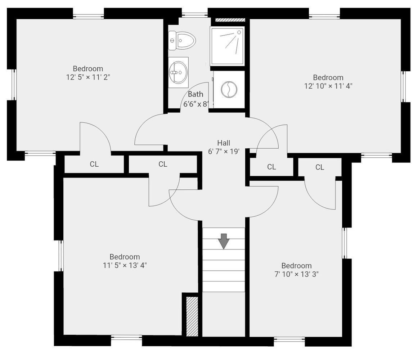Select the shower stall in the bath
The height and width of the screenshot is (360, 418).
tap(227, 46)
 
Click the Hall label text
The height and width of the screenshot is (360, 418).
tap(224, 143)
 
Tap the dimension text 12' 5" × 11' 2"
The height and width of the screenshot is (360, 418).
tap(88, 77)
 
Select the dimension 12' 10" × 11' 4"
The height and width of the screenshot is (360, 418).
tap(328, 86)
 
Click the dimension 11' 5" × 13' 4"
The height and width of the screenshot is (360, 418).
tap(125, 265)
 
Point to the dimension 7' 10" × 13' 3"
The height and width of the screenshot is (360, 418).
tap(296, 274)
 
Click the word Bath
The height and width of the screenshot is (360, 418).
tap(195, 94)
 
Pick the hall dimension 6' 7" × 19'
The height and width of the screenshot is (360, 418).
tap(224, 152)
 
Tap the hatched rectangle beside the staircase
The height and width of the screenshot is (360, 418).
tap(192, 316)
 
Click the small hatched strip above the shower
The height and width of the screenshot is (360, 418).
tap(230, 20)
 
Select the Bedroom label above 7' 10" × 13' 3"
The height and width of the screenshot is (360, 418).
tap(296, 266)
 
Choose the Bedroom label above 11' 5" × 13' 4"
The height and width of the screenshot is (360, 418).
tap(125, 257)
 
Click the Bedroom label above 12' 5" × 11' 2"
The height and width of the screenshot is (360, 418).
tap(88, 68)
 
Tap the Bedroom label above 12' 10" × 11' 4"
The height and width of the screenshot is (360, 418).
tap(328, 77)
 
